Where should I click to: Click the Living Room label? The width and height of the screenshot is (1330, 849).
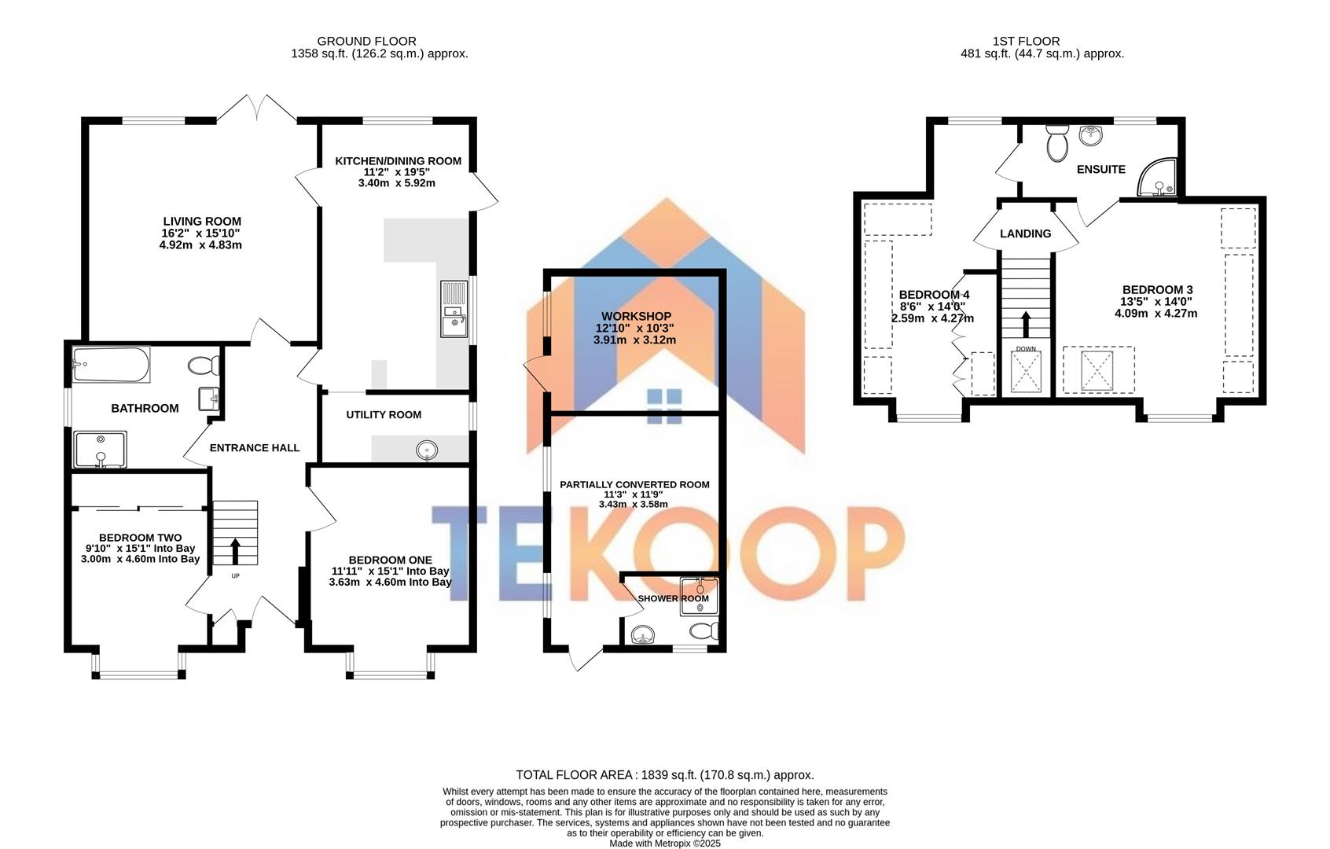[x=202, y=222]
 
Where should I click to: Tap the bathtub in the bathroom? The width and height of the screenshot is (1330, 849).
[x=111, y=365]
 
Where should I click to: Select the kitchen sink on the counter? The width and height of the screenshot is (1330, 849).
[x=454, y=308]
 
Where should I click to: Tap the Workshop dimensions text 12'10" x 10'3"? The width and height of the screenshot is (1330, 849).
[x=634, y=329]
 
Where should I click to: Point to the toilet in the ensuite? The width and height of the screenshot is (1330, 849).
[x=1057, y=144]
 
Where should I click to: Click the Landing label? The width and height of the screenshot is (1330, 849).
[x=1025, y=233]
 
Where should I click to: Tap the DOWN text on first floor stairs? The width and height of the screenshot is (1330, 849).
[x=1026, y=348]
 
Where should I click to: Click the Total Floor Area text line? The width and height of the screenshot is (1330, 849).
[x=664, y=775]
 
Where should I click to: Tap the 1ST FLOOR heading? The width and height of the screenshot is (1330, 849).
[x=1026, y=41]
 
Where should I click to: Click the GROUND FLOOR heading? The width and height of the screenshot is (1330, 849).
[x=366, y=41]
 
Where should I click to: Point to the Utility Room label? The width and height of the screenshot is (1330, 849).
[x=384, y=414]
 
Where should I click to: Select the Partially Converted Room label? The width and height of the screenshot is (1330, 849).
[x=634, y=485]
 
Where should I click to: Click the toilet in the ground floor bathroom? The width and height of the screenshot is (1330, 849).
[x=205, y=366]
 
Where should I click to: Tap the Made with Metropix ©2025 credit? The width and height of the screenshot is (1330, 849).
[x=665, y=843]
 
